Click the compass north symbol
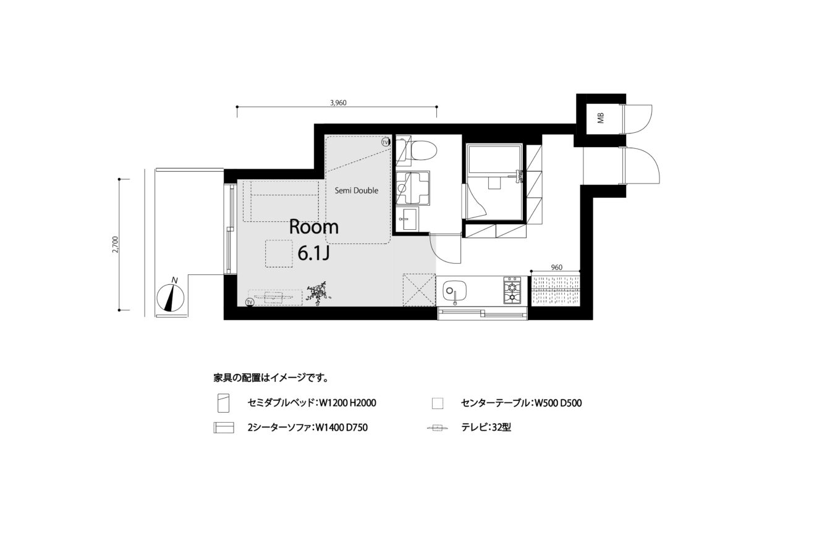pos(171,297)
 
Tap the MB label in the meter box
pos(600,118)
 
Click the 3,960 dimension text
pos(338,103)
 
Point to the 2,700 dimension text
pos(116,245)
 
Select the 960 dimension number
pos(556,268)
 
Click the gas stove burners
pos(512,290)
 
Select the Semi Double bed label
pos(357,190)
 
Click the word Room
pos(314,227)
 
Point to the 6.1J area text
pos(313,253)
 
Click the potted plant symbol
pos(318,293)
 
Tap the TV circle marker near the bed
pos(385,142)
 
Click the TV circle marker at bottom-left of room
pos(250,302)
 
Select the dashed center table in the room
pos(279,253)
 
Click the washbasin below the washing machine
pos(407,219)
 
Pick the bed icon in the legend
pos(223,403)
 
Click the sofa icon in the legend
pos(224,428)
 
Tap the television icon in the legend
pos(438,428)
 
